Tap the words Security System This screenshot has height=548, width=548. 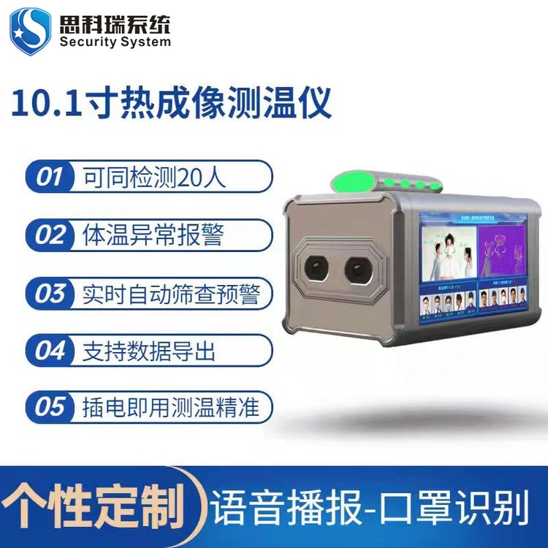(x=115, y=42)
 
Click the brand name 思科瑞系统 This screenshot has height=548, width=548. (x=115, y=23)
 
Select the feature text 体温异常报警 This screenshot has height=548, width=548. (x=149, y=235)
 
